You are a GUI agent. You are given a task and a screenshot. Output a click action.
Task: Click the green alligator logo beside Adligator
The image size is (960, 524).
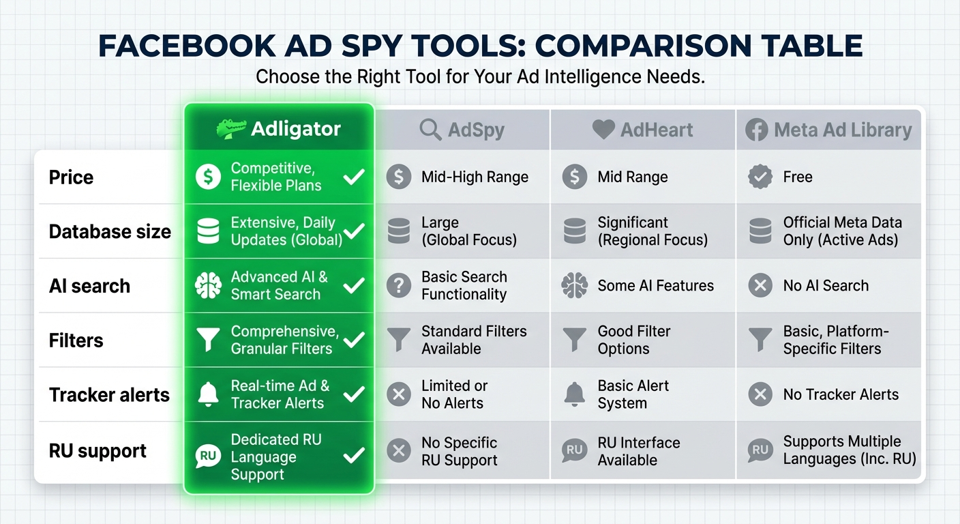230,129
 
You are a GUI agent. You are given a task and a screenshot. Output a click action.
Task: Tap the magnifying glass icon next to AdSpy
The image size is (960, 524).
431,130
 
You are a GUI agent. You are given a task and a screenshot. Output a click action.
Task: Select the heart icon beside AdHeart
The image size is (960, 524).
603,130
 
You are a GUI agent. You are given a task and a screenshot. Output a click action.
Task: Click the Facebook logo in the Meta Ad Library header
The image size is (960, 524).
756,130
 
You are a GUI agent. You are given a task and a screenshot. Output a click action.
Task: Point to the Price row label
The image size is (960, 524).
71,177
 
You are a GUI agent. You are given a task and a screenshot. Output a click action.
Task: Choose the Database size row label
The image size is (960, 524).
110,232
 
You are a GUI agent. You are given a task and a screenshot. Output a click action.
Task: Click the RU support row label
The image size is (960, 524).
97,452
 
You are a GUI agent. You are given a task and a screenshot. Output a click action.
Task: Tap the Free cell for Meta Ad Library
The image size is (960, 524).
797,177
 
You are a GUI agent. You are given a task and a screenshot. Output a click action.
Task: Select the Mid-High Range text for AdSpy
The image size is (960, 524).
475,177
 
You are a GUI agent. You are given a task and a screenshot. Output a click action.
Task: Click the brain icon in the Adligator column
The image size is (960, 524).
208,286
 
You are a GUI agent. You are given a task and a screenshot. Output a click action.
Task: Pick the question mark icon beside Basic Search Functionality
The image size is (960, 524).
398,286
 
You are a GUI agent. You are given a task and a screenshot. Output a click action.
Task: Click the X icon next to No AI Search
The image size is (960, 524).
760,286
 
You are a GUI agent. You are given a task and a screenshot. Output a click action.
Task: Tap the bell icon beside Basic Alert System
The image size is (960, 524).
574,394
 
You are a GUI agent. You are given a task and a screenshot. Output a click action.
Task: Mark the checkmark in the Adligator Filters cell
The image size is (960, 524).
354,340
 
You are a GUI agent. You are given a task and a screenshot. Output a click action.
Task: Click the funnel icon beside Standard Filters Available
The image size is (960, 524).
398,340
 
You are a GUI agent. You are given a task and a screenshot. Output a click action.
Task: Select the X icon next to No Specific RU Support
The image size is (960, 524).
398,451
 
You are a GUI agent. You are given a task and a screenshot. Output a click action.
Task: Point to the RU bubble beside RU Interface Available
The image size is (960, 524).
574,450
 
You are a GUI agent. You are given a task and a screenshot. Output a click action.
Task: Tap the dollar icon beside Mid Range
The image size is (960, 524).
574,177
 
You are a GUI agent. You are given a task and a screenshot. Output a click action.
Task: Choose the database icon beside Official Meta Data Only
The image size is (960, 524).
760,231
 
